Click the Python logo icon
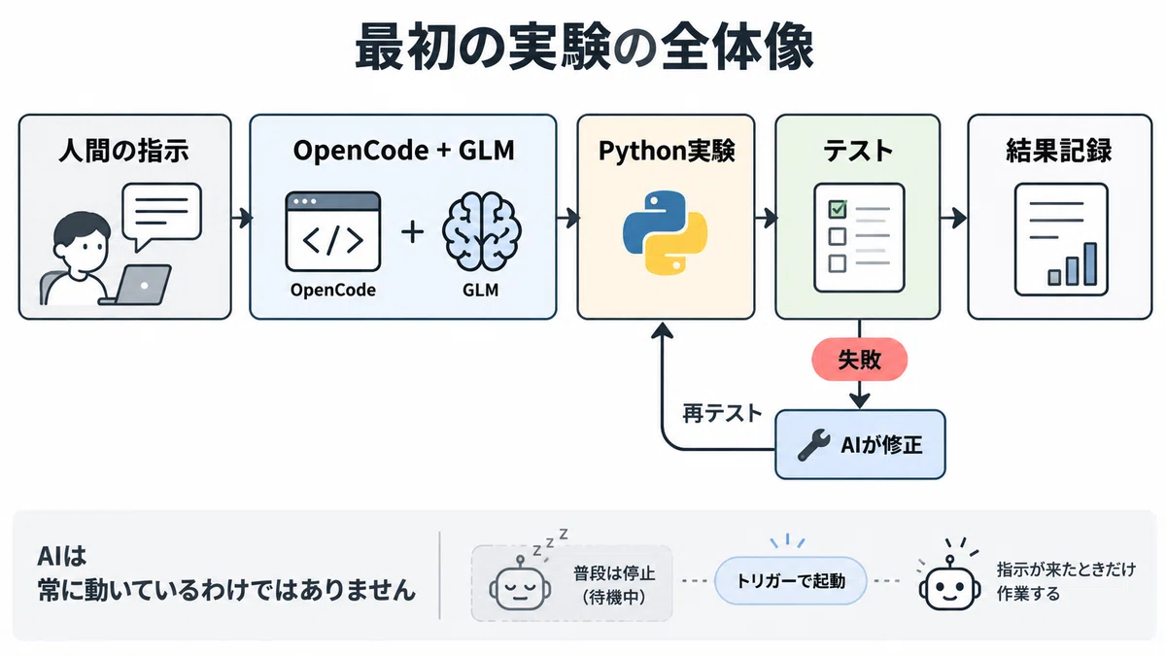(665, 232)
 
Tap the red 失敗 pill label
(859, 360)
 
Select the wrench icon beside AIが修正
(813, 445)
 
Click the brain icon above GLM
(482, 231)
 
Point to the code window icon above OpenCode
(333, 231)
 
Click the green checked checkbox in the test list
(838, 209)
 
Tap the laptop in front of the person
(136, 286)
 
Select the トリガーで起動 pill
(791, 580)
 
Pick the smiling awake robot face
(949, 585)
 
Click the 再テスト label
(722, 414)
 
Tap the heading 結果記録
(1059, 151)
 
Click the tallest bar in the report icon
(1090, 264)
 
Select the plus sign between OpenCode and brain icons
(412, 232)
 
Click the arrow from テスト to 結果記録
(953, 218)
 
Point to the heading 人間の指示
(124, 151)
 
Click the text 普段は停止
(614, 573)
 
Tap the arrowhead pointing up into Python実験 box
(662, 330)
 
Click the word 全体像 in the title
(737, 47)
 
